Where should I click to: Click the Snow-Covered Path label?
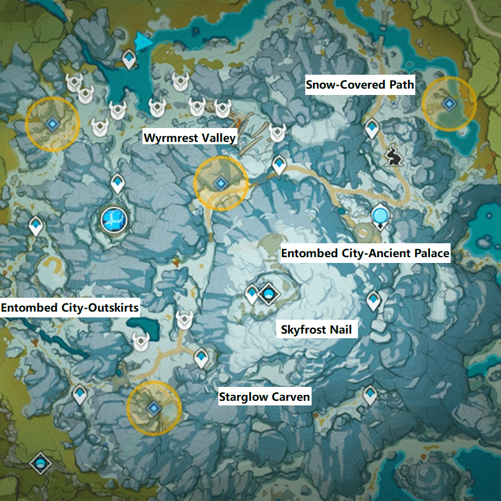tap(360, 86)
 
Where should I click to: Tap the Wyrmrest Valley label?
tap(190, 138)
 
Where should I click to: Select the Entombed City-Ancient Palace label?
tap(365, 254)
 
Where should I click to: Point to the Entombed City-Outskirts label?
tap(70, 308)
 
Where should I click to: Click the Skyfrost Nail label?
tap(316, 330)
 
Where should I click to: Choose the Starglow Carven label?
tap(265, 397)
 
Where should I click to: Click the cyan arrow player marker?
tap(143, 41)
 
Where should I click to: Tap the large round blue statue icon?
tap(113, 219)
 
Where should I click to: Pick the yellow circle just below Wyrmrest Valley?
tap(221, 183)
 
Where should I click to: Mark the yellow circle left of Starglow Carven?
tap(153, 408)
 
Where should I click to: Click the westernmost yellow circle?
tap(52, 123)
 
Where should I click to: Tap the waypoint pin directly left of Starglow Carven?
tap(201, 357)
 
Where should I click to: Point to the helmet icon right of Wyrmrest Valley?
tap(277, 133)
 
